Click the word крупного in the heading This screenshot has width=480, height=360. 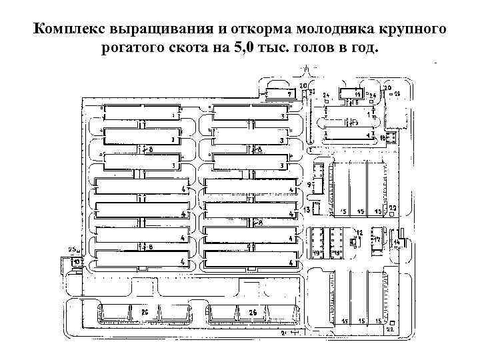tap(407, 31)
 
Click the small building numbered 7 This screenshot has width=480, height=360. tap(280, 93)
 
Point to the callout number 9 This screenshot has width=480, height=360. tap(309, 183)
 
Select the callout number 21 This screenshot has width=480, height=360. tap(283, 331)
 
